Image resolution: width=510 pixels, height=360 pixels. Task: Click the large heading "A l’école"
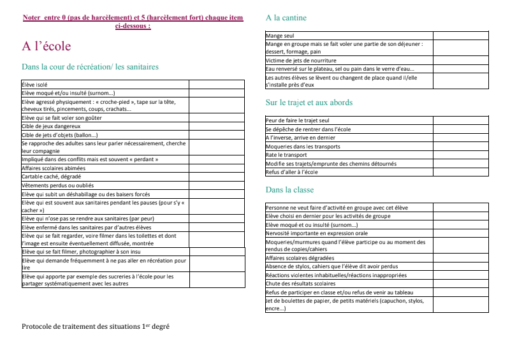(47, 47)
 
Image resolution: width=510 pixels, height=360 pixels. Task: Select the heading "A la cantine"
(286, 18)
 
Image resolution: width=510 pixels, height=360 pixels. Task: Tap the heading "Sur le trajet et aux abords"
(309, 103)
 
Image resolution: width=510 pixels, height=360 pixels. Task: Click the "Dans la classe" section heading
(289, 189)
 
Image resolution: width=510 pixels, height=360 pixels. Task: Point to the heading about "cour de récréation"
(90, 67)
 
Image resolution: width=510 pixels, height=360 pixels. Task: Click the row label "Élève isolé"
(34, 84)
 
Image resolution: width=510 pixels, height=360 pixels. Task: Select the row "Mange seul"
(280, 36)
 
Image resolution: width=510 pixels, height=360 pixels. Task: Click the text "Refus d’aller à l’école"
(291, 172)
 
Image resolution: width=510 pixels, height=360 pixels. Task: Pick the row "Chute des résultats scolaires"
(300, 284)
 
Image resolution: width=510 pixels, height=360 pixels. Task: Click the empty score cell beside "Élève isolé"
(217, 84)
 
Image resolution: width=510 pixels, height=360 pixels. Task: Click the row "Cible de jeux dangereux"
(51, 126)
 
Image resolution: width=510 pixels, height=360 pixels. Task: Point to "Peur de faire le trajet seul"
(297, 120)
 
